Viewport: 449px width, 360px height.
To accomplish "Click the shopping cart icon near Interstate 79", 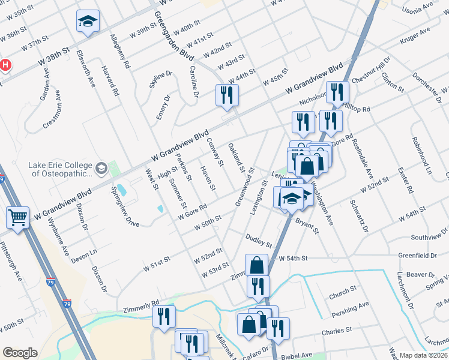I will click(17, 217).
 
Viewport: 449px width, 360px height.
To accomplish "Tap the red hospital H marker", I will click(5, 65).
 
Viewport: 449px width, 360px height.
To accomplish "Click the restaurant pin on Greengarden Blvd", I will click(227, 95).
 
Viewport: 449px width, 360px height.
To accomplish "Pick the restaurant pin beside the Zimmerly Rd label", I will click(164, 316).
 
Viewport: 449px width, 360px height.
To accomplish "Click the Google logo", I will click(20, 353).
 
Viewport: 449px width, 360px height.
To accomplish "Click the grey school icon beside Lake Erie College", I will click(101, 169).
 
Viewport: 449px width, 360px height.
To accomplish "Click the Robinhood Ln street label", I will click(421, 155).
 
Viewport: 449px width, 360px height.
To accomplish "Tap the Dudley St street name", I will click(259, 241).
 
